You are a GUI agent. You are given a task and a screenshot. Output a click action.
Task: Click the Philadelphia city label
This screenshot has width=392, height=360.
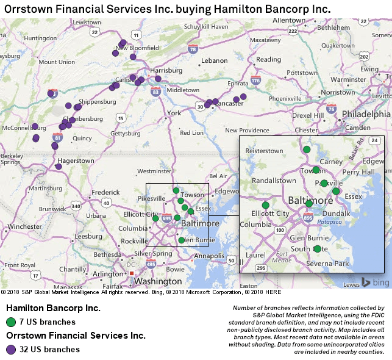point(366,114)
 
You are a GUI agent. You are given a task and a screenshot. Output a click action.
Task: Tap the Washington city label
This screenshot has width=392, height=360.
point(158,282)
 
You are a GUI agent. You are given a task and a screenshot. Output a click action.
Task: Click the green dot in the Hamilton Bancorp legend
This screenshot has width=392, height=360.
point(11,322)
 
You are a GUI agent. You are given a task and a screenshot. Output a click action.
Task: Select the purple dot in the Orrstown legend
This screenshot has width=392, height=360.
point(11,350)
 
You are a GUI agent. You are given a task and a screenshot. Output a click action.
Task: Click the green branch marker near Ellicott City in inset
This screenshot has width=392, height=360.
point(265,205)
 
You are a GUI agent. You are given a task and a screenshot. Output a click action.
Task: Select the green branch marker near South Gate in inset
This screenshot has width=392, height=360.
point(317,248)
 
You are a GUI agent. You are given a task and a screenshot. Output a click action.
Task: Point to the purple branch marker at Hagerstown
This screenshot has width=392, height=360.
point(59,166)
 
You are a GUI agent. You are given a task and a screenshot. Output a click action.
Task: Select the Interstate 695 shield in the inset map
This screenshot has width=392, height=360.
point(307,217)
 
